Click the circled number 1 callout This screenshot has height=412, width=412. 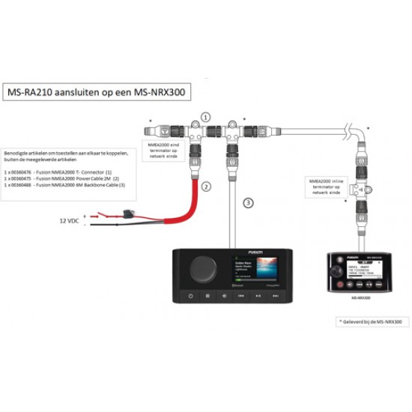(205, 117)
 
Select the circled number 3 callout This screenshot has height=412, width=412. (249, 203)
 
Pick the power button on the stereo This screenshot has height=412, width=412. (190, 297)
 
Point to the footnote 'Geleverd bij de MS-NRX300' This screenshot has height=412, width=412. (372, 321)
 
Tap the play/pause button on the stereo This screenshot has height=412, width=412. (257, 297)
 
